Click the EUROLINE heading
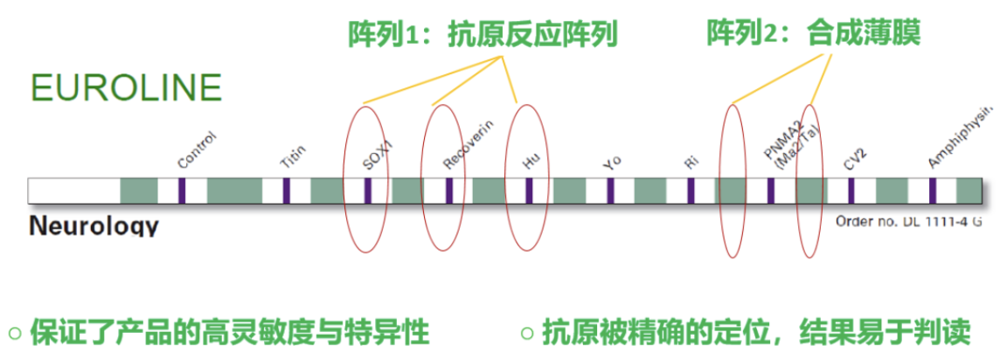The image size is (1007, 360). [126, 88]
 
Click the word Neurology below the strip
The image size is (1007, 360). [94, 226]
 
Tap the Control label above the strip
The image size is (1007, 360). [196, 149]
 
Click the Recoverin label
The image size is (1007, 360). [469, 145]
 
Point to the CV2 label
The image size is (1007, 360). [854, 158]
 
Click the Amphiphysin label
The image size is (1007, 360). [961, 140]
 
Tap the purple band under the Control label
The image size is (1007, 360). [183, 190]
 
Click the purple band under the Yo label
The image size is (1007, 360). [610, 190]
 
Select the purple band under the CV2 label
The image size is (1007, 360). [851, 190]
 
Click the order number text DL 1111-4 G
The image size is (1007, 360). [909, 222]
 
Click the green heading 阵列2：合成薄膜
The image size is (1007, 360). [814, 34]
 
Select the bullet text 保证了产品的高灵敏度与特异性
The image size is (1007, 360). [230, 332]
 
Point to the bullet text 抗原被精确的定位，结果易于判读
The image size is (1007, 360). [756, 332]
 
